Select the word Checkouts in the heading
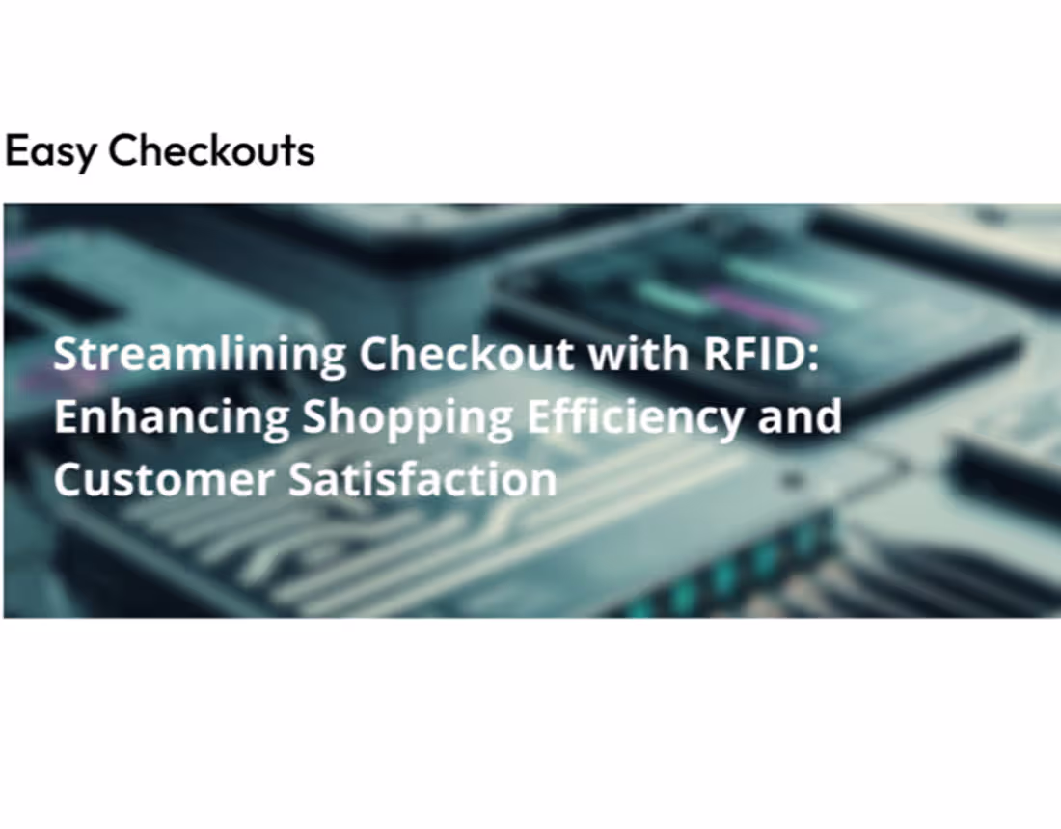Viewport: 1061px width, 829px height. coord(211,150)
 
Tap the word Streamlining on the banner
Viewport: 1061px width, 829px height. coord(199,355)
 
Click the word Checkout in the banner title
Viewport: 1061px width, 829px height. coord(467,355)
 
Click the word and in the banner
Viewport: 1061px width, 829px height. coord(800,415)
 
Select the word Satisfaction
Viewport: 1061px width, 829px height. coord(422,478)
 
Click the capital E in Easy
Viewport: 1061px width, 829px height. coord(16,150)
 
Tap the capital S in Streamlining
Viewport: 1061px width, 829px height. coord(66,355)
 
